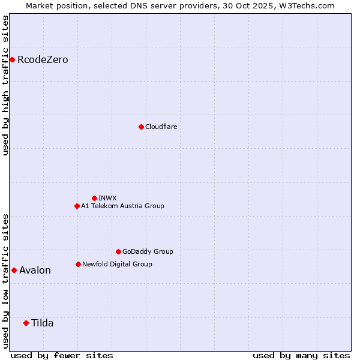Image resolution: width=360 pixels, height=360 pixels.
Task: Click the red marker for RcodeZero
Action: pos(12,59)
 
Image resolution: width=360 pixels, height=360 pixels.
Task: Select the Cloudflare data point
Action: pos(141,127)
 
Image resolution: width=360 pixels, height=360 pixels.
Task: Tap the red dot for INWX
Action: pos(94,198)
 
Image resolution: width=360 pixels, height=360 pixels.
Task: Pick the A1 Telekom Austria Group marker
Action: pos(77,206)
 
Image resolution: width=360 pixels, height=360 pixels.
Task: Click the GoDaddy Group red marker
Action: pos(118,251)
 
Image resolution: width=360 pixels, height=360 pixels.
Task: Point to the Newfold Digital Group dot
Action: pos(78,264)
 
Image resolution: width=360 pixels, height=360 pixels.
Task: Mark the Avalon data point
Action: pos(14,270)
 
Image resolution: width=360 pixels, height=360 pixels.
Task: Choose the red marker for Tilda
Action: pos(26,323)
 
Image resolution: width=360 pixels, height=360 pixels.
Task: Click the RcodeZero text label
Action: pos(43,59)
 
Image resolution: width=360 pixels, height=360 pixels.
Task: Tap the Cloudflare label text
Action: pos(161,127)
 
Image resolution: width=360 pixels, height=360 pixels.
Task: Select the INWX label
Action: pos(107,198)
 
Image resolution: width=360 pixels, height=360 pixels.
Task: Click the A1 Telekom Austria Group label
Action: pos(122,206)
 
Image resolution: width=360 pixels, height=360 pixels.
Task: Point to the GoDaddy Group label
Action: pos(148,251)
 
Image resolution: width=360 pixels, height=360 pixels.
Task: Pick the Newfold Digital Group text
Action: pos(117,264)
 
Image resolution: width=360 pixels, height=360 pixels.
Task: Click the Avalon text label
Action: pos(35,270)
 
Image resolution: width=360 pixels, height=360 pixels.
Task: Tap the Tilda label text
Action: pos(42,323)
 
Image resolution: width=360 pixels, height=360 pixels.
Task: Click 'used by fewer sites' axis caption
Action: pos(62,355)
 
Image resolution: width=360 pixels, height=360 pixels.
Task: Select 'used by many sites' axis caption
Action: pos(301,355)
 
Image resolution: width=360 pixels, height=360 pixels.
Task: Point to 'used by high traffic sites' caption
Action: pos(5,85)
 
